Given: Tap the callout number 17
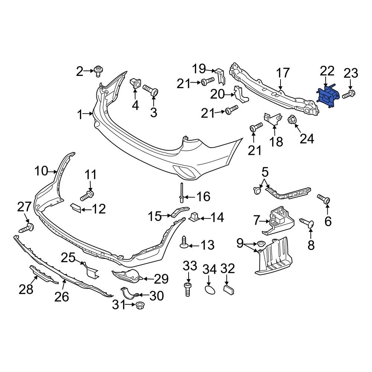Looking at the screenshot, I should pos(283,73).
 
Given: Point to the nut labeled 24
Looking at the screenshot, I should pos(292,120).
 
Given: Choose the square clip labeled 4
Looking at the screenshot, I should pos(135,84).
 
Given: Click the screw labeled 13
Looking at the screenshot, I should pos(184,242).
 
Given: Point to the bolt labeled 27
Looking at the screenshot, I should pos(27,228).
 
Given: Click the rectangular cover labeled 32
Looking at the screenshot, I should pos(228,289).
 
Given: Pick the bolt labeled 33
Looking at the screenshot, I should pos(188,289).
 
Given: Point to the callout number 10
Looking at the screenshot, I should pos(42,171).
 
